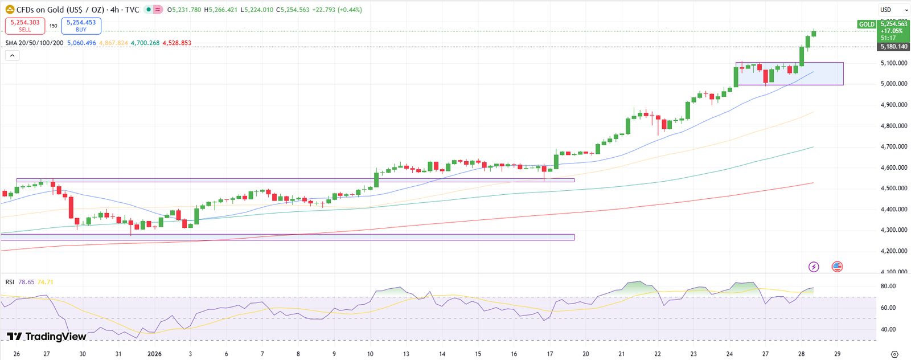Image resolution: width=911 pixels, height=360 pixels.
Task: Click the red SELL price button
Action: point(25,26)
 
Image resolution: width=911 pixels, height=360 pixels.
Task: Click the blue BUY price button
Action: point(81,26)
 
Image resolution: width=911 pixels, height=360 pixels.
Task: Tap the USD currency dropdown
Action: point(893,10)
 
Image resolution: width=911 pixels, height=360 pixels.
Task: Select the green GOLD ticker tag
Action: point(867,24)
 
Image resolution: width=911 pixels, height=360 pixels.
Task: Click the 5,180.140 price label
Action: point(893,47)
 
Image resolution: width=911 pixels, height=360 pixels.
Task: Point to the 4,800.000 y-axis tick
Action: point(894,126)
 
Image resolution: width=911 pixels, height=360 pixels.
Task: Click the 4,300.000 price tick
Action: point(894,230)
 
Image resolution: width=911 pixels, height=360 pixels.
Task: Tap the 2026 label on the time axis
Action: point(154,354)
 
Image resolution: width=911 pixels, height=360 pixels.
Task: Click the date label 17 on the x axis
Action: point(550,354)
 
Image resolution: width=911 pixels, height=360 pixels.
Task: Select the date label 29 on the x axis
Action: point(837,354)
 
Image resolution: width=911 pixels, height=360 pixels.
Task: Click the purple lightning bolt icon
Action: point(814,267)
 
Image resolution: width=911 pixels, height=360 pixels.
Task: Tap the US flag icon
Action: point(837,267)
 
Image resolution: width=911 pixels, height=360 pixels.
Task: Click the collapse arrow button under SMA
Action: point(12,55)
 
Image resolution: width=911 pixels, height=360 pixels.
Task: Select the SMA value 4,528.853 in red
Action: point(177,43)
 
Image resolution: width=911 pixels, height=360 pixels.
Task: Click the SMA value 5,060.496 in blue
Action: point(81,43)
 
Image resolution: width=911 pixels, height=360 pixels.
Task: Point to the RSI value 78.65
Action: point(26,282)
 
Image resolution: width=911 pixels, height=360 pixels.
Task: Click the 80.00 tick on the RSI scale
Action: point(888,286)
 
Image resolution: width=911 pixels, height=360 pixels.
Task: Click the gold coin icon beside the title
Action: point(10,10)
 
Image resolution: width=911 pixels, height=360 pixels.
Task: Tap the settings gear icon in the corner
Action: point(894,354)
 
